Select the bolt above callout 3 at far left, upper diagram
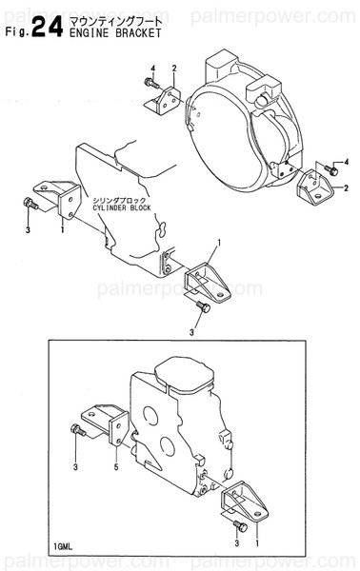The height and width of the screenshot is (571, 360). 32,204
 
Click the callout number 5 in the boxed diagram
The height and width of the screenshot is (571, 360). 115,468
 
